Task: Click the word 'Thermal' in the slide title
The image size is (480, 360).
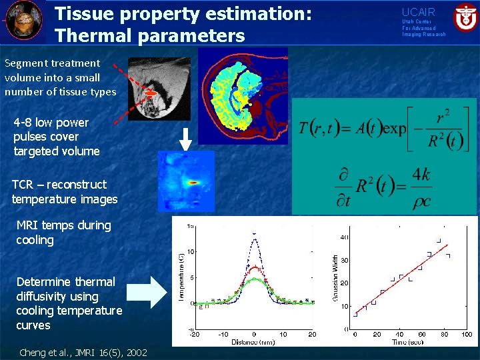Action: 91,35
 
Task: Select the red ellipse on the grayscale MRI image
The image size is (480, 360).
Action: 151,94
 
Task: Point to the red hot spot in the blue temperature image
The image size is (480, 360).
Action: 194,181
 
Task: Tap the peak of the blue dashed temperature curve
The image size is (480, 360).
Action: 254,233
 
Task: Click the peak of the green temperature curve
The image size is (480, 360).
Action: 254,280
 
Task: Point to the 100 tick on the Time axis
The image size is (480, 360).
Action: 467,334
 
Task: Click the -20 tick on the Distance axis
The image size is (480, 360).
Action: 193,334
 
